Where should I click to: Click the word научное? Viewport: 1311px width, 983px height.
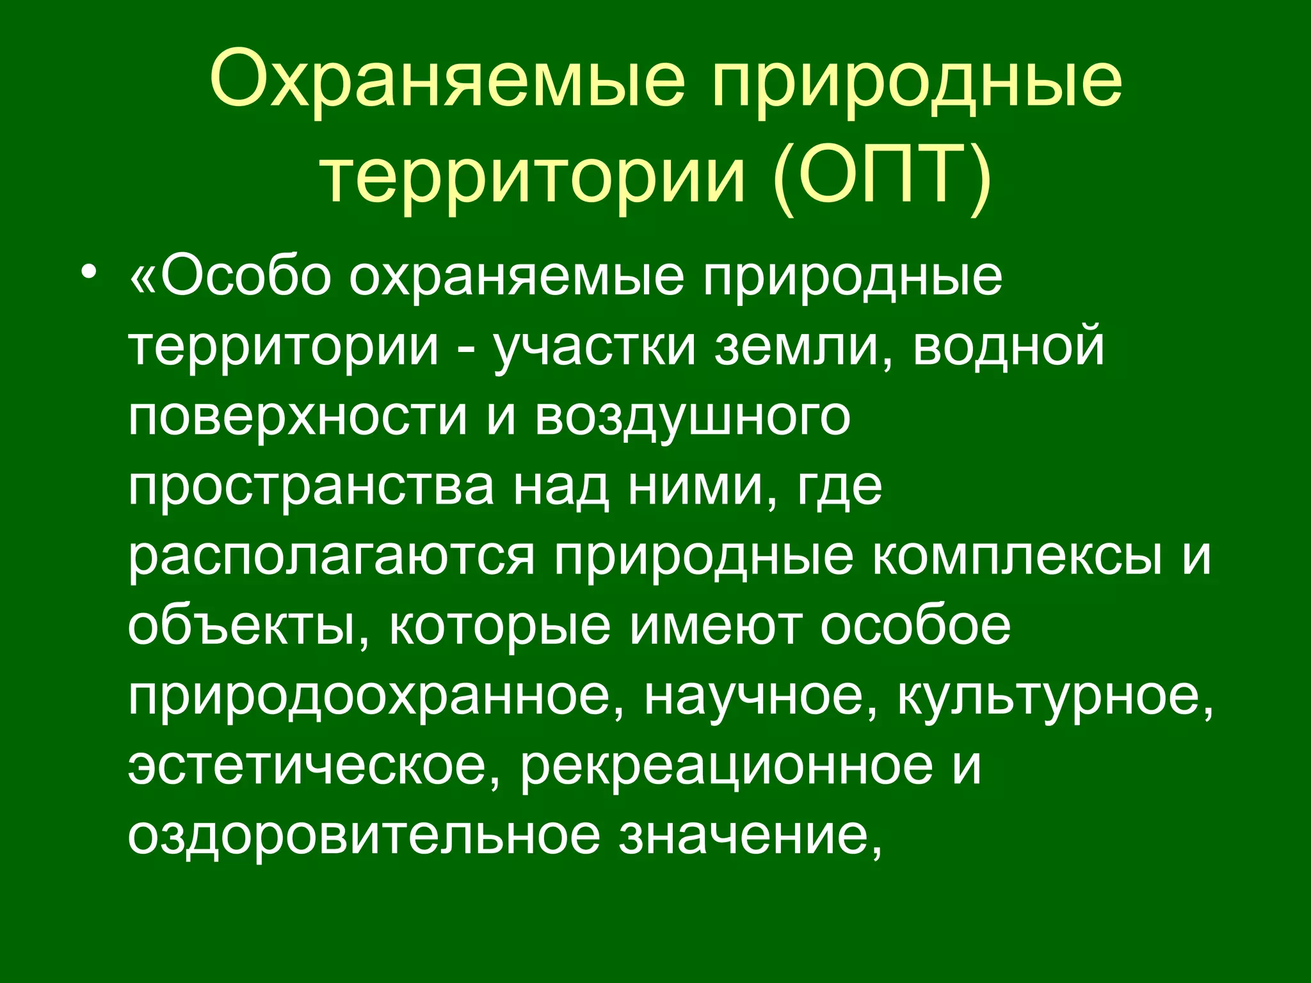(x=762, y=696)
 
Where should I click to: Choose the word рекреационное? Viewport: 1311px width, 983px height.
(x=727, y=766)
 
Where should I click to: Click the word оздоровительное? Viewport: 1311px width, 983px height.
(x=364, y=836)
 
